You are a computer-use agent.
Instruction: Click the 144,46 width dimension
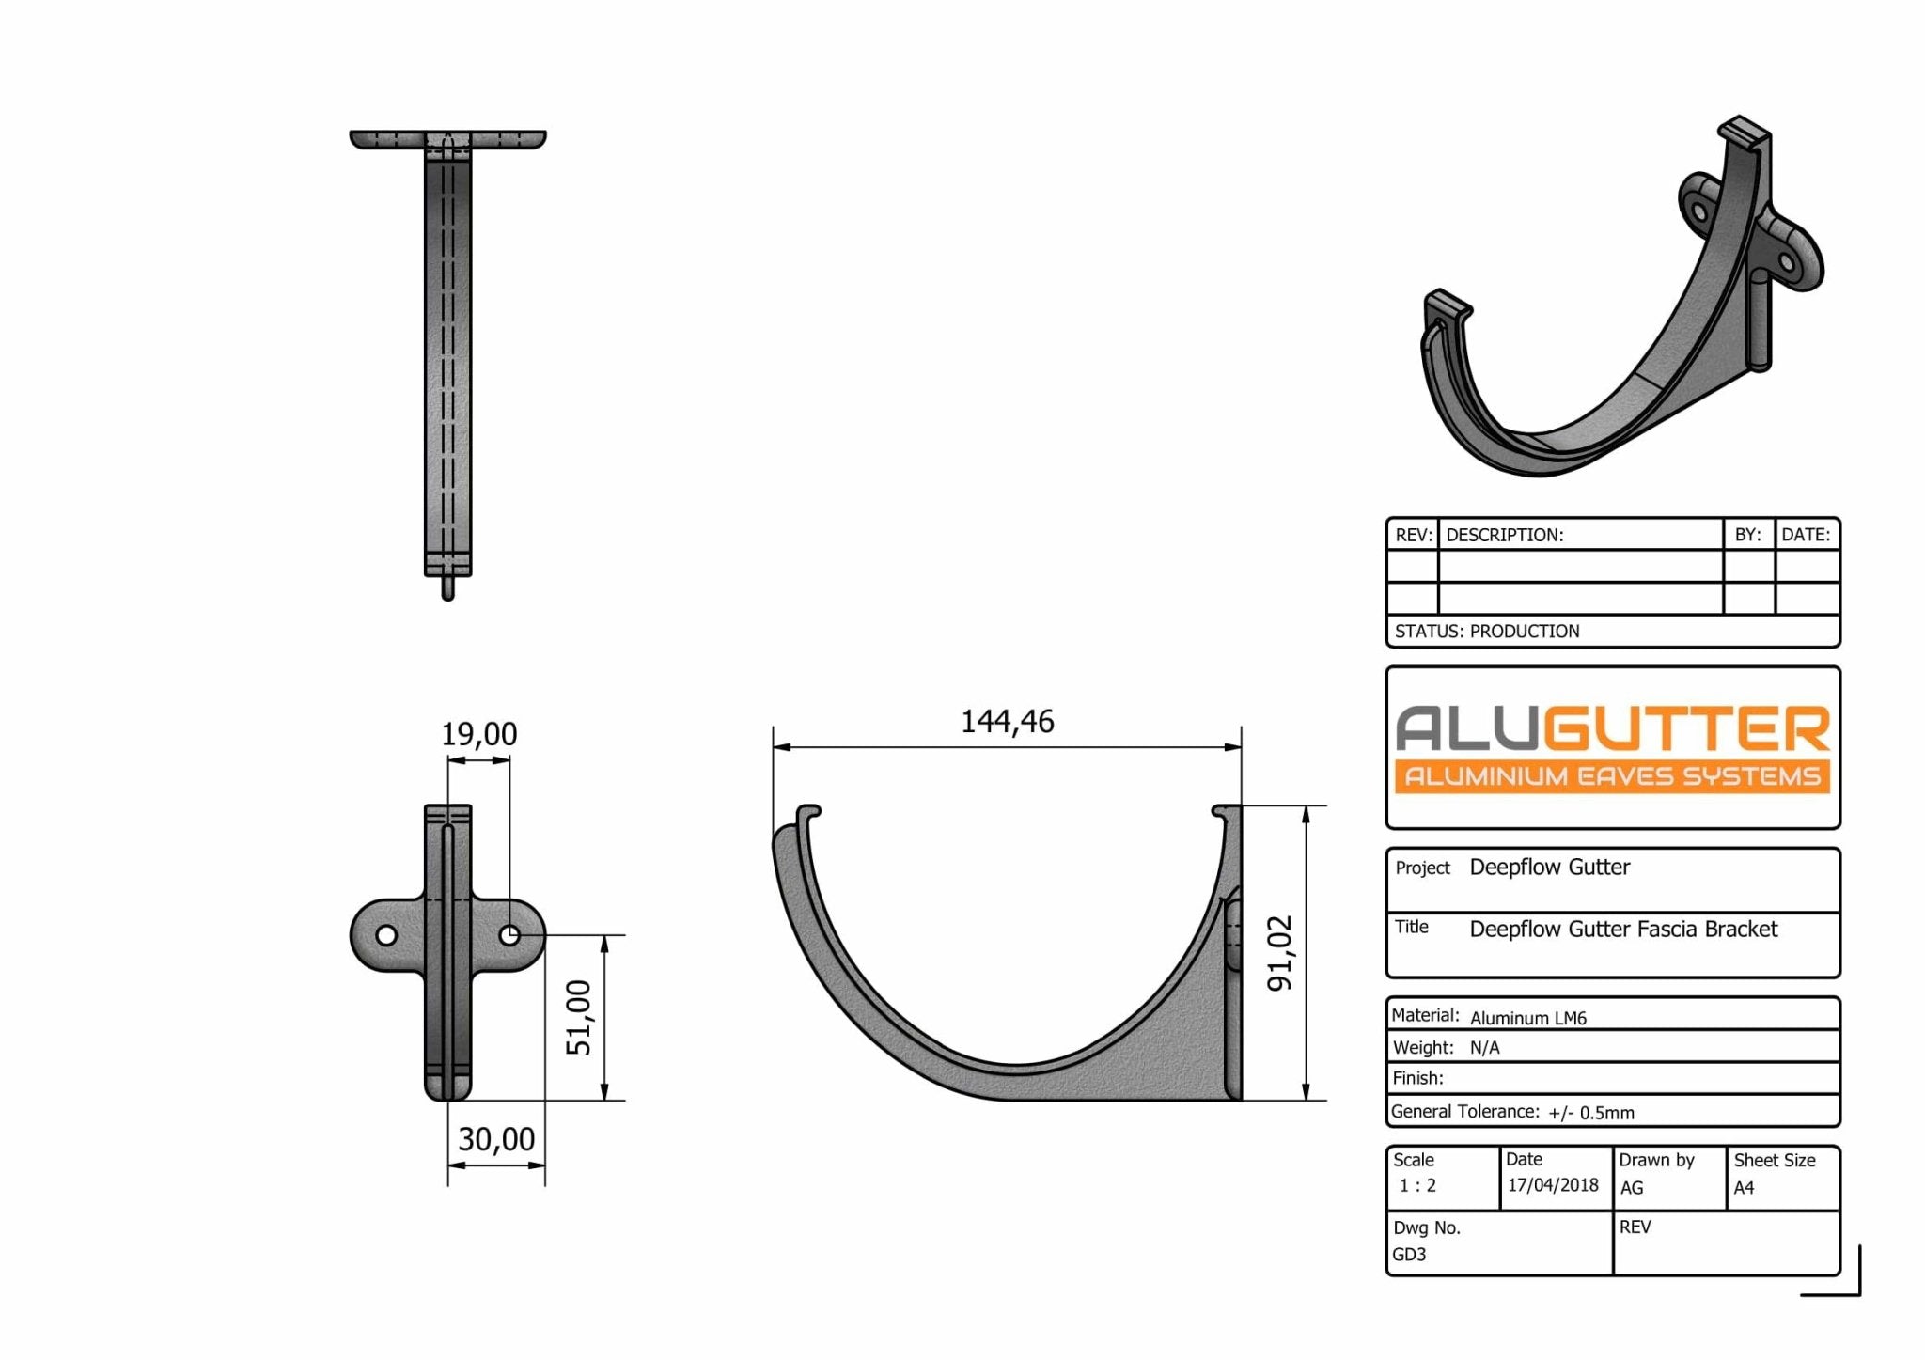pos(1007,722)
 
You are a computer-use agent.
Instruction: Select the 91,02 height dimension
pos(1280,953)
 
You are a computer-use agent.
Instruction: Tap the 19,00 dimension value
pos(479,734)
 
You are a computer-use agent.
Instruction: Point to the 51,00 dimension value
pos(579,1018)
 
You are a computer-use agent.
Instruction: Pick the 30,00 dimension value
pos(496,1139)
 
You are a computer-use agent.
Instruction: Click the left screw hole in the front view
pos(386,935)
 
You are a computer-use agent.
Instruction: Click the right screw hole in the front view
pos(509,935)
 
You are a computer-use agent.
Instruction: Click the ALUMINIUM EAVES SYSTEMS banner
pos(1612,776)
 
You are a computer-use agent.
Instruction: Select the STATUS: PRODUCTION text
pos(1487,632)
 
